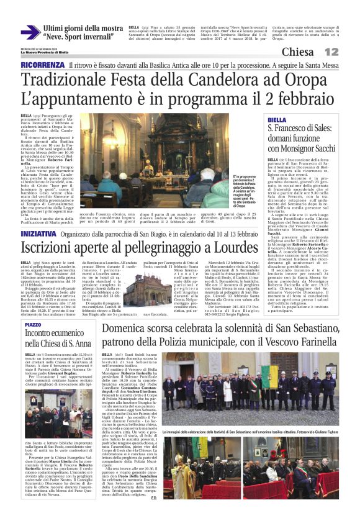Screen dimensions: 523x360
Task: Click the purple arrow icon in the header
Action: tap(30, 33)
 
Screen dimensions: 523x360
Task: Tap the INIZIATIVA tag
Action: tap(40, 216)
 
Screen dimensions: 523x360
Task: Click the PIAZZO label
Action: tap(34, 325)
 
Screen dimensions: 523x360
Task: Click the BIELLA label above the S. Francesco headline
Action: tap(277, 120)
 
